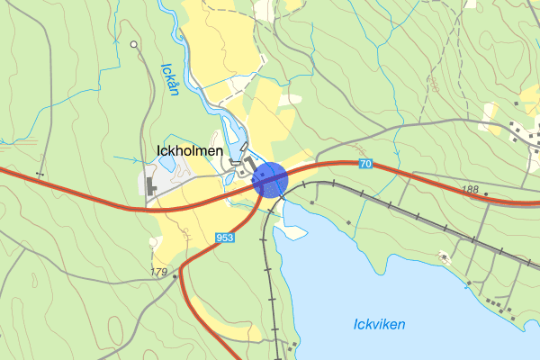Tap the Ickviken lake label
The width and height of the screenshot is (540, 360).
(x=379, y=324)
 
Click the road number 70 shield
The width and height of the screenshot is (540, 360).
(x=364, y=163)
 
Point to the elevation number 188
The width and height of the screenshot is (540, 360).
(x=470, y=190)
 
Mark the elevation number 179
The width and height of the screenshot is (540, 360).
(x=160, y=272)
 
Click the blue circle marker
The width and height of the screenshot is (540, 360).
(x=270, y=179)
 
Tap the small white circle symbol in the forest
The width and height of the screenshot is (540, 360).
(x=134, y=44)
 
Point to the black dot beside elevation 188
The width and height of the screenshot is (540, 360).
(x=486, y=193)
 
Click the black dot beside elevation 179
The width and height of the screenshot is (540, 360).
(x=175, y=276)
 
